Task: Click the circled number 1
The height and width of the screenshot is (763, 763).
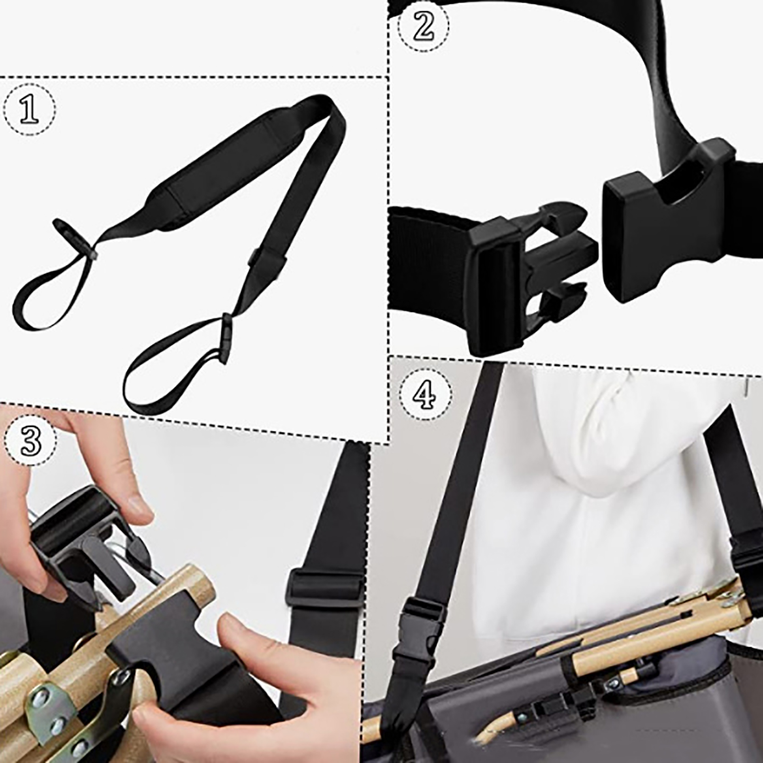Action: [30, 110]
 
